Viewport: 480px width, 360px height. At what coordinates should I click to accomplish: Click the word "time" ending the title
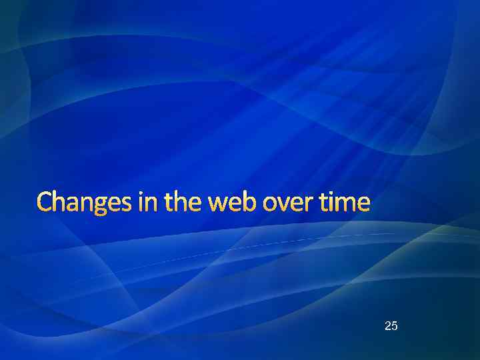(x=344, y=202)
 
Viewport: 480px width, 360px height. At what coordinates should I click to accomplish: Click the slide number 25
(x=391, y=326)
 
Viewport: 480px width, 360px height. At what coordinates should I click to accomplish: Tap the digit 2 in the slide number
(x=388, y=326)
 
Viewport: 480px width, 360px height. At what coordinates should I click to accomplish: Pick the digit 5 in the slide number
(x=395, y=326)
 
